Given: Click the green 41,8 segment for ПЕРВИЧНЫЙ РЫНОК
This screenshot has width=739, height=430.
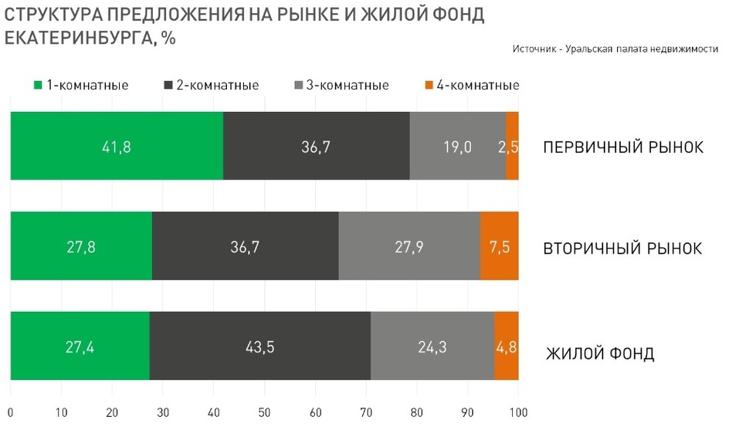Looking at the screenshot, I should click(x=117, y=146).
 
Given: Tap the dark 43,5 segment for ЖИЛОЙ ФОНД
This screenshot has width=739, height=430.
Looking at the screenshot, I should click(x=260, y=346).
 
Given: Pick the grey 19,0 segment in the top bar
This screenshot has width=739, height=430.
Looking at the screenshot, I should click(x=458, y=146).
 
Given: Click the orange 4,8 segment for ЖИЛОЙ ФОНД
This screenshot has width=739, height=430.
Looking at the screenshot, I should click(x=506, y=346).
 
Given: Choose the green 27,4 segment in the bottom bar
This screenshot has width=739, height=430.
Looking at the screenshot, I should click(x=80, y=346).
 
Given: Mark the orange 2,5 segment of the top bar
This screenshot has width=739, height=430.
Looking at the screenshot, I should click(x=512, y=146).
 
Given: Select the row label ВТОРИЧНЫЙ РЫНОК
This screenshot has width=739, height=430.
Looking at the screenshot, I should click(x=622, y=249).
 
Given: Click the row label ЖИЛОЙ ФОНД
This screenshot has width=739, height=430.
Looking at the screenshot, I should click(x=600, y=354).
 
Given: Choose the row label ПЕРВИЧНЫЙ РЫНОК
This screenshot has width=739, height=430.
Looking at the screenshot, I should click(x=622, y=147).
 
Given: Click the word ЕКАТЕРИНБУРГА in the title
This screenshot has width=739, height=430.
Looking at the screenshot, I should click(x=76, y=39).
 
